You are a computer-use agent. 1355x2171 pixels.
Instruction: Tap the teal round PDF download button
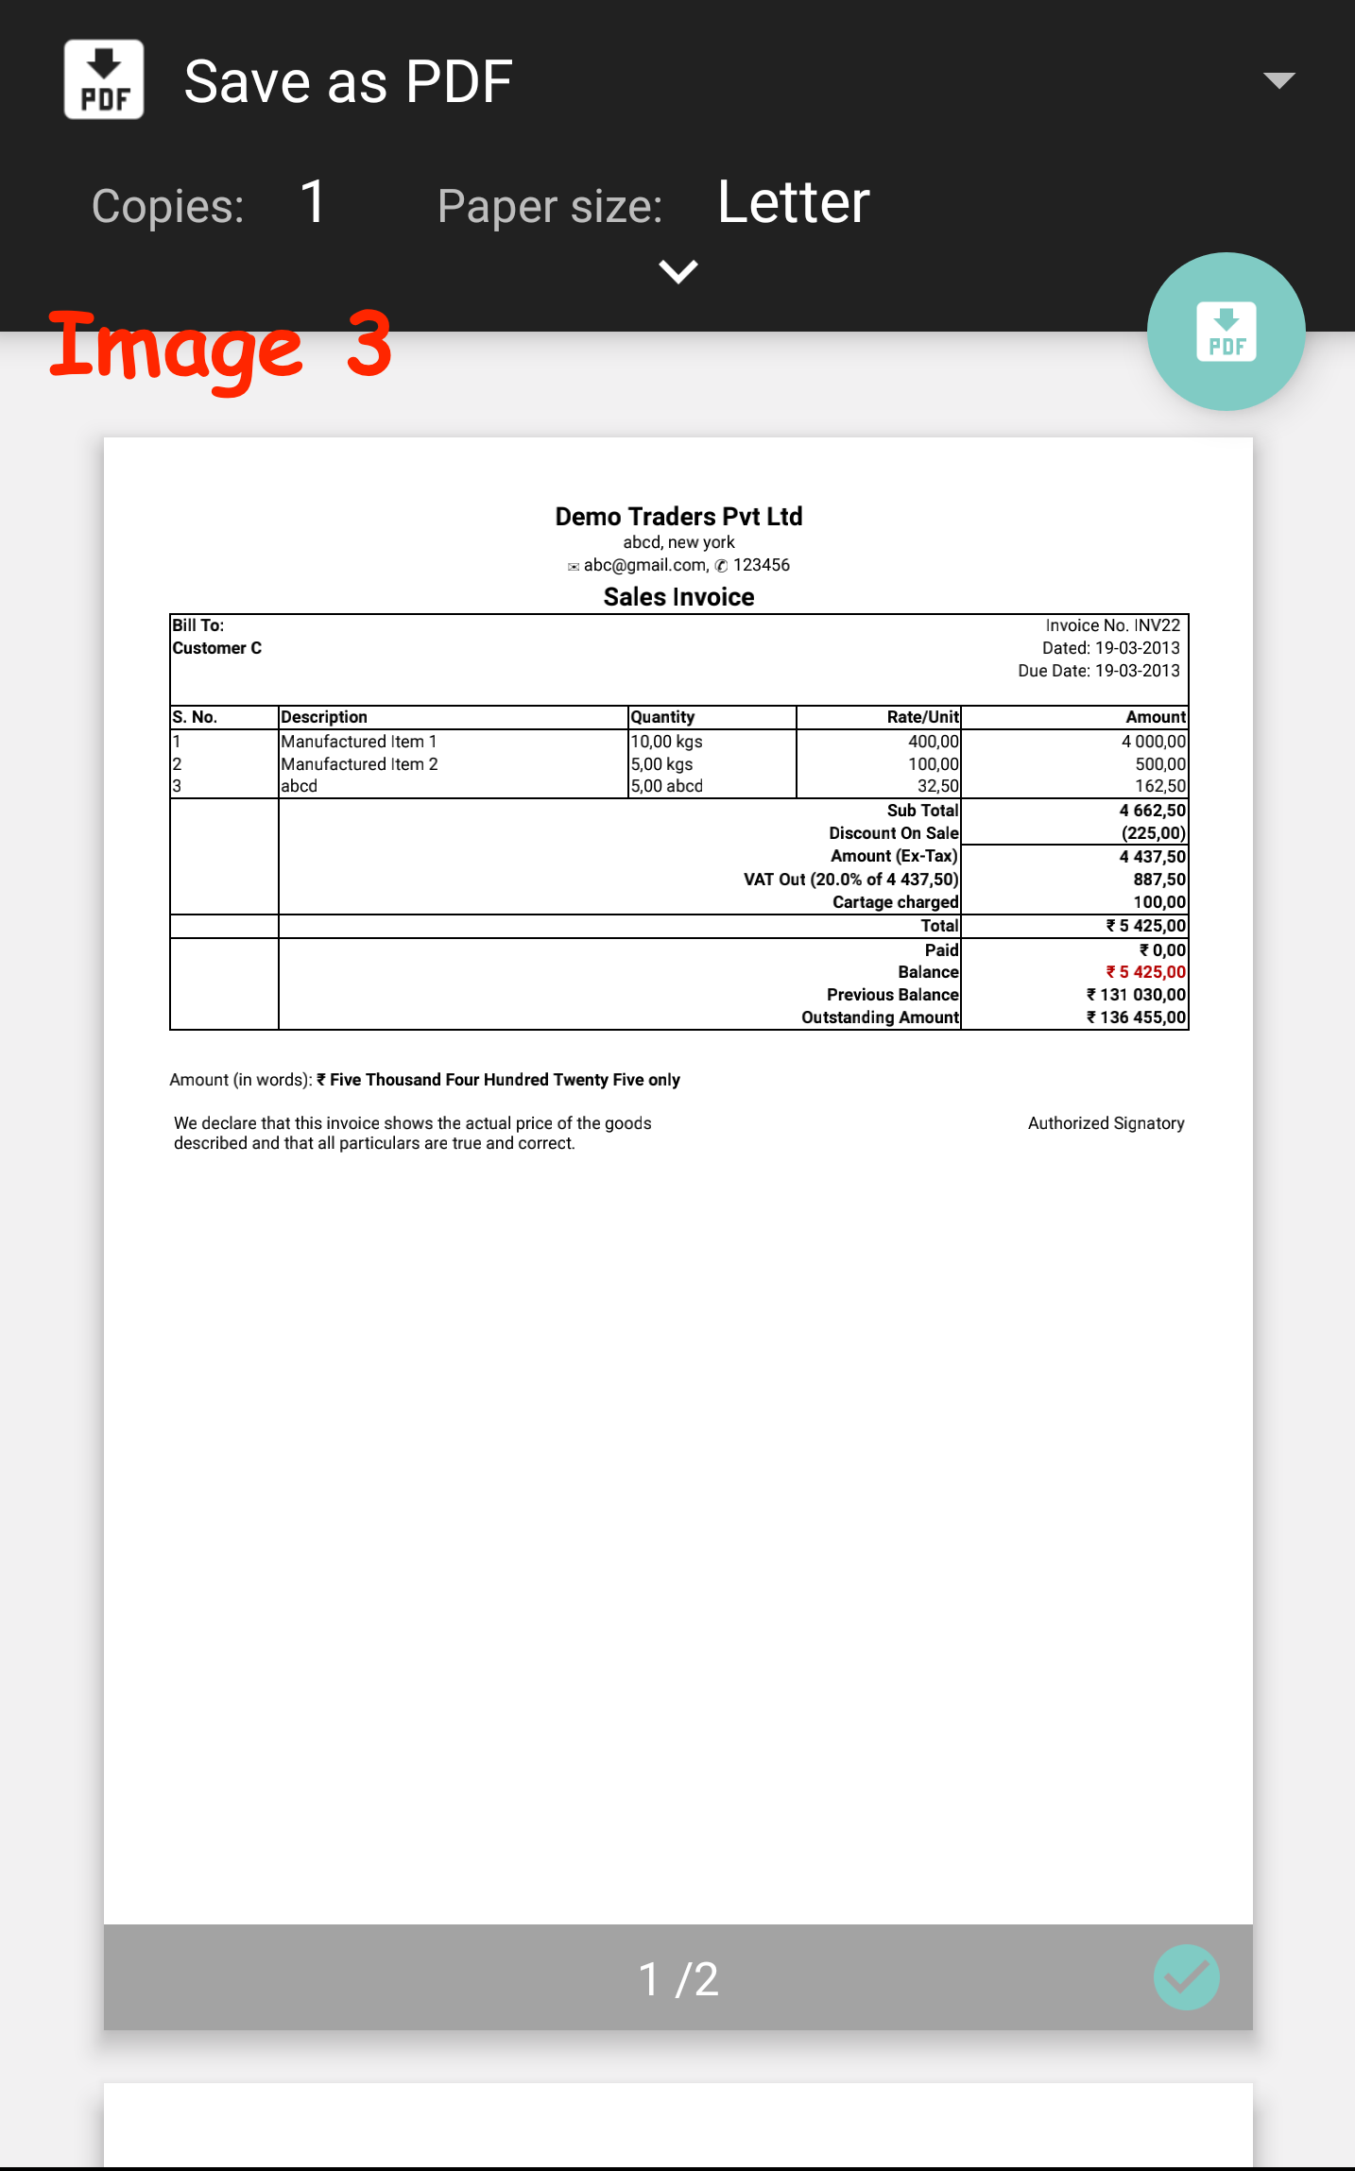tap(1226, 332)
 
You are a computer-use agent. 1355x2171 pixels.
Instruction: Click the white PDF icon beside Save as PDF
tap(104, 79)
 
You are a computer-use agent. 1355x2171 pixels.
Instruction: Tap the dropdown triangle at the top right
tap(1278, 80)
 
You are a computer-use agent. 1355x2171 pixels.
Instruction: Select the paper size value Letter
tap(793, 202)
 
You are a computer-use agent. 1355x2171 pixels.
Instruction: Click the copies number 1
tap(313, 202)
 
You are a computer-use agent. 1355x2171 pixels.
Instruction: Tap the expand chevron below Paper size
tap(677, 272)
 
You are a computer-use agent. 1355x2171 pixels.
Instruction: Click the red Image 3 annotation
tap(220, 347)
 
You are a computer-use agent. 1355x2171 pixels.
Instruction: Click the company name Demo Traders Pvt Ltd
tap(678, 516)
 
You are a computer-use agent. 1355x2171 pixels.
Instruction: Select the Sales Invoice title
tap(678, 597)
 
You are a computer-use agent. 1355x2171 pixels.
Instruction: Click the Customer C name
tap(216, 648)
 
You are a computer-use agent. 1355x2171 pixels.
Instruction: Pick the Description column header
tap(324, 717)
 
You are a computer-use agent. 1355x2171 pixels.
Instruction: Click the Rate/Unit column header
tap(922, 717)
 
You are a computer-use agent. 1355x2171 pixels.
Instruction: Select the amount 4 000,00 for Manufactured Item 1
tap(1153, 742)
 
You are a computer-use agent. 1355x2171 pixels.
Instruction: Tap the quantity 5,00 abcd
tap(666, 786)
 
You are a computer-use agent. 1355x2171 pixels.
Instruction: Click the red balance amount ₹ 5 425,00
tap(1145, 972)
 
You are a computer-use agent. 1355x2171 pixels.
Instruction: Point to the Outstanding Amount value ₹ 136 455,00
tap(1136, 1017)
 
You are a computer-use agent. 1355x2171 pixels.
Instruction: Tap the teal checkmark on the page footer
tap(1186, 1977)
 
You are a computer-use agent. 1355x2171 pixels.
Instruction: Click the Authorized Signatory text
tap(1106, 1123)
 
